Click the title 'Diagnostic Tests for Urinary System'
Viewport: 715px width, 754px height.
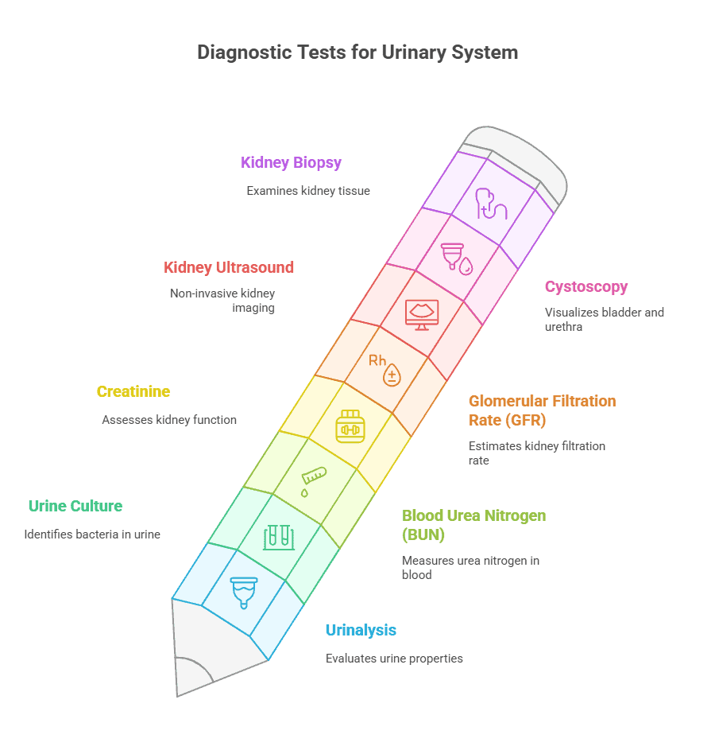click(x=357, y=52)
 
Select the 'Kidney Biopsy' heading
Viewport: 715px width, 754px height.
click(x=291, y=162)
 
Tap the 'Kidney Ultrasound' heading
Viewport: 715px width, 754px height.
click(x=229, y=267)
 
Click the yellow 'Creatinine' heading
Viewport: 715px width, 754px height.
click(x=133, y=391)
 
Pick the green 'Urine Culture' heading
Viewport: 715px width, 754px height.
click(x=75, y=506)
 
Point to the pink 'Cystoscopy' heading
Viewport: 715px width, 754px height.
click(x=586, y=287)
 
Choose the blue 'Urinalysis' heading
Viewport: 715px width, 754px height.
click(x=361, y=631)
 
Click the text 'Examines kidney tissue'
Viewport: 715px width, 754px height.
click(x=308, y=191)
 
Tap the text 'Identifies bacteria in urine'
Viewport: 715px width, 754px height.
click(x=92, y=534)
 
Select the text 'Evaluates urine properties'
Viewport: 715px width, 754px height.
click(x=394, y=659)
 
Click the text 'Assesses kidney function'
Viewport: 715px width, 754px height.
click(x=169, y=420)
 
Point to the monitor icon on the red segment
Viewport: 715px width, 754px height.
click(x=422, y=315)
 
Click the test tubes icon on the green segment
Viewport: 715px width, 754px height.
click(x=279, y=537)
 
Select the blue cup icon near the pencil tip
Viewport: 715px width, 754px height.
click(x=244, y=593)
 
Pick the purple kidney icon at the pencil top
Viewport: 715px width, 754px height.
click(x=491, y=204)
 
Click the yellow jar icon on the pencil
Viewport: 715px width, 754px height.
click(x=350, y=426)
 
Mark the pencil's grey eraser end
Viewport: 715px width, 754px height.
click(x=516, y=164)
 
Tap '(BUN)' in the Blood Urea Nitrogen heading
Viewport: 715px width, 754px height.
click(x=423, y=534)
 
